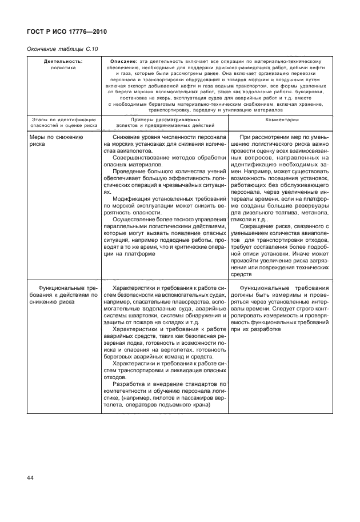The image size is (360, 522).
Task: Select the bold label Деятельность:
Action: tap(63, 61)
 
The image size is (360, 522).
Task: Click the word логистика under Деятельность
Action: tap(63, 67)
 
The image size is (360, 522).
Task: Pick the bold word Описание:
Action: tap(120, 61)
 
